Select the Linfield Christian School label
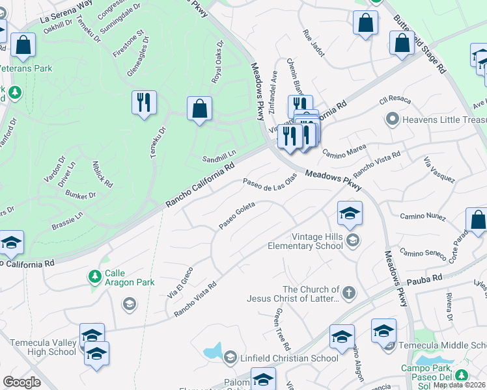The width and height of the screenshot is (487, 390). (x=288, y=358)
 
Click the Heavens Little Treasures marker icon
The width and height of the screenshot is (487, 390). (x=392, y=119)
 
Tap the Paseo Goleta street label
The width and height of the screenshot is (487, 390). (x=236, y=215)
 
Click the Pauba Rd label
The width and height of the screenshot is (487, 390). (x=425, y=278)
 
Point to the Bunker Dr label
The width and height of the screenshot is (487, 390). (x=81, y=194)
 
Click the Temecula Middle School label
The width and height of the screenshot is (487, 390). (x=443, y=345)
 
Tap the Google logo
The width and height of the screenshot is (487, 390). (x=21, y=382)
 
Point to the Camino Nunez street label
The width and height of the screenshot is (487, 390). (x=423, y=216)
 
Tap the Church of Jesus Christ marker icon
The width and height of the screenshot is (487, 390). (x=349, y=291)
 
